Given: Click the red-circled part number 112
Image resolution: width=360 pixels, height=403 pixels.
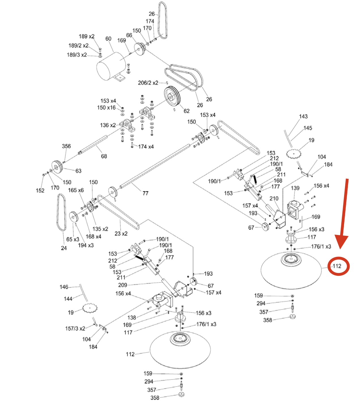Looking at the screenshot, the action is (x=337, y=266).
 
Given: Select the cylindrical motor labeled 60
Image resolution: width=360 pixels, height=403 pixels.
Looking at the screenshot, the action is (x=111, y=67).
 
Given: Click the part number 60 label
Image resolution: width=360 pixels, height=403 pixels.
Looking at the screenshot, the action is (x=108, y=39).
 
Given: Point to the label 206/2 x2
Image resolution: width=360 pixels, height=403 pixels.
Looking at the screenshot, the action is (x=148, y=83).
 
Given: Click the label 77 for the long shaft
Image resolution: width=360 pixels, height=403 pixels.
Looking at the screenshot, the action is (x=145, y=193).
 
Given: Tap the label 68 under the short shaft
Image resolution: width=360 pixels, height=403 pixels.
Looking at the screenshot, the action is (x=104, y=156).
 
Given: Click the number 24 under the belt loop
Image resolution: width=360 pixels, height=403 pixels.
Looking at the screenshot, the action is (x=64, y=248).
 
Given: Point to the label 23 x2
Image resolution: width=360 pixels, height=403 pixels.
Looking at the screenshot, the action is (x=121, y=234).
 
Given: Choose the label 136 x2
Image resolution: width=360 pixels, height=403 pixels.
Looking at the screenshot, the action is (x=108, y=125).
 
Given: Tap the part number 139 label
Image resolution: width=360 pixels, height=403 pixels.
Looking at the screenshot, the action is (x=295, y=188).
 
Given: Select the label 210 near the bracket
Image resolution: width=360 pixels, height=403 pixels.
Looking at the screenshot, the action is (x=274, y=198).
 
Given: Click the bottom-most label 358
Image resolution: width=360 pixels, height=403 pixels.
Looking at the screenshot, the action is (x=154, y=398).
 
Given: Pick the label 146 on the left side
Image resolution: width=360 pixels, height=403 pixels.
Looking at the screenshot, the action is (x=64, y=287).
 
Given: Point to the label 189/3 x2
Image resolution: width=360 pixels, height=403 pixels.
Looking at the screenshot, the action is (x=77, y=55).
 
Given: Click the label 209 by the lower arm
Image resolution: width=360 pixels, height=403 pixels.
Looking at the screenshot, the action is (x=122, y=285).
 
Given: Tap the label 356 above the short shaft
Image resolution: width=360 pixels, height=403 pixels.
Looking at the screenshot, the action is (x=66, y=146).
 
